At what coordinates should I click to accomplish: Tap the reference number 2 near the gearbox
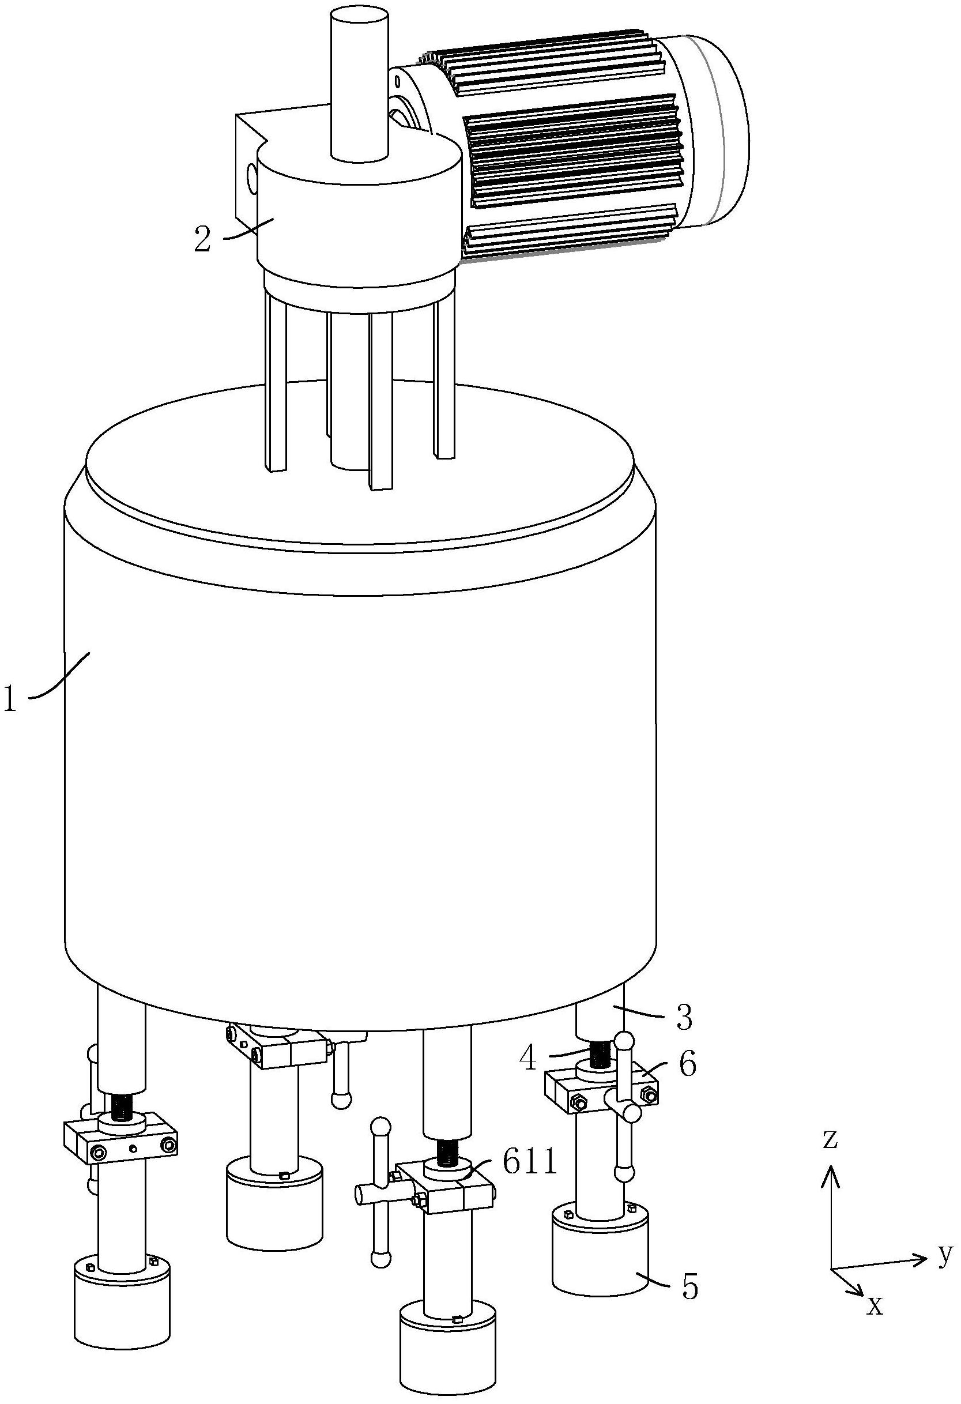click(202, 239)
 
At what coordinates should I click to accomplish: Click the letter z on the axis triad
click(831, 1138)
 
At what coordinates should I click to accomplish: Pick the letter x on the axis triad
click(875, 1306)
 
